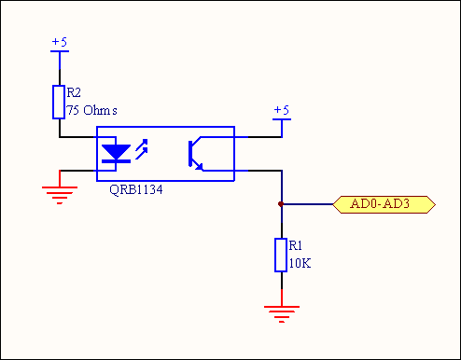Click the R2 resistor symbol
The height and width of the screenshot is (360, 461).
tap(59, 102)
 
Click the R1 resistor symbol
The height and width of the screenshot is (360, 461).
tap(281, 255)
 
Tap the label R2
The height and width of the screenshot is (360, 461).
tap(74, 92)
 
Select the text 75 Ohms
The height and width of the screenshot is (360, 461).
tap(92, 110)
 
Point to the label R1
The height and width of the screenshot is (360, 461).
tap(296, 245)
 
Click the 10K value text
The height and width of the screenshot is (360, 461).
tap(300, 263)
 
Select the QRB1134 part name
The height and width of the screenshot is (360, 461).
tap(136, 189)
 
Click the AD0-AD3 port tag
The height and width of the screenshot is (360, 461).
tap(384, 204)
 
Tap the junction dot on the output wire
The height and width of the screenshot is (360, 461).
tap(281, 204)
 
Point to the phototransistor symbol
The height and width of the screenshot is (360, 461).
tap(196, 154)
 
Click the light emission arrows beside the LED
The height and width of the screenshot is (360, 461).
tap(142, 149)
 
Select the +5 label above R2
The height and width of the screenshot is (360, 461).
tap(60, 42)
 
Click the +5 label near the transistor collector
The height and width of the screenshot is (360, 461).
tap(282, 110)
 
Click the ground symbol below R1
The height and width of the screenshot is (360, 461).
tap(282, 314)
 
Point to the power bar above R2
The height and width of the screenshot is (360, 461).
tap(60, 51)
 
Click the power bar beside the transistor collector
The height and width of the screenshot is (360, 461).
tap(282, 119)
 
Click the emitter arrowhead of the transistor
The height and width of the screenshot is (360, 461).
tap(200, 167)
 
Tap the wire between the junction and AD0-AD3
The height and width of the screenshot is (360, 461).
tap(307, 204)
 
